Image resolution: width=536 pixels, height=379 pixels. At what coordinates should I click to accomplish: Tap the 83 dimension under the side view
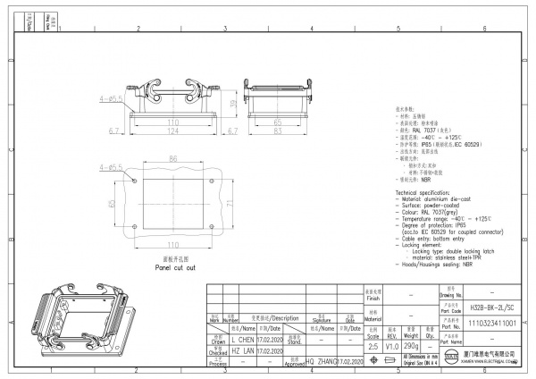(x=278, y=131)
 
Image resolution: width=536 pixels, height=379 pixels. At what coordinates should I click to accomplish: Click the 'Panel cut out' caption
(x=175, y=266)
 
